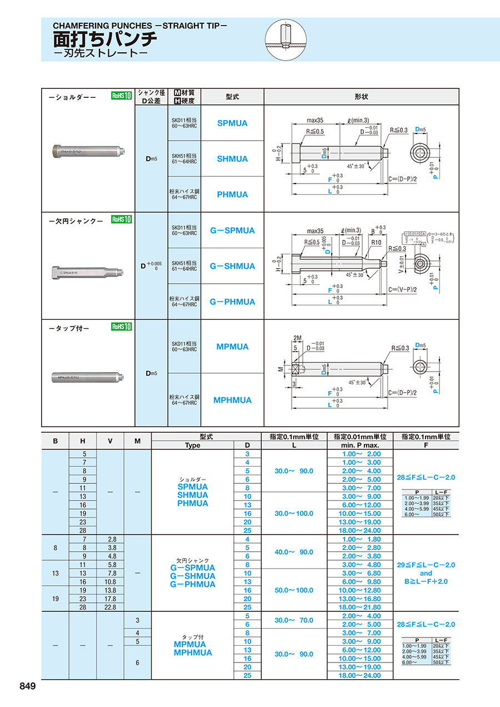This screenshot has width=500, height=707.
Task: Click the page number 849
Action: [x=27, y=686]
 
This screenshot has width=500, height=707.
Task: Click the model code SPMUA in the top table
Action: [x=232, y=123]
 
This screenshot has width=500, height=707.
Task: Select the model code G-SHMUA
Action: [x=232, y=266]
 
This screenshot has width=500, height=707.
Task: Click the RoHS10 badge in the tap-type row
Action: [x=121, y=327]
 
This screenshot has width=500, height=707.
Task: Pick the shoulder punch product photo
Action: [x=88, y=150]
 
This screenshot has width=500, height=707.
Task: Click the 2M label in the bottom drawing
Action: [x=296, y=338]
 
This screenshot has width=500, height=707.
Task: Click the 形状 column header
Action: [x=362, y=96]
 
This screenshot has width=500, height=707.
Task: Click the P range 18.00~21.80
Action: [x=361, y=607]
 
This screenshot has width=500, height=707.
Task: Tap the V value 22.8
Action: [x=110, y=607]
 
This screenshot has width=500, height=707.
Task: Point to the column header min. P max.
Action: [x=361, y=445]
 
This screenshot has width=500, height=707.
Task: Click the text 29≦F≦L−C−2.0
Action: [x=426, y=565]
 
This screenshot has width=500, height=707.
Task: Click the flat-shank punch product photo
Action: [x=88, y=272]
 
